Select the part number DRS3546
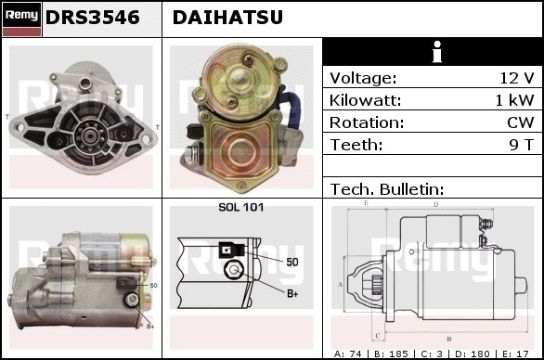93,18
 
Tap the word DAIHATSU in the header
227,18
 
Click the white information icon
437,52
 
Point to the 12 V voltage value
517,78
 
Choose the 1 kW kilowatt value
514,100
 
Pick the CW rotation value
521,122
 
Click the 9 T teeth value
522,145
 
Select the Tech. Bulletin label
387,189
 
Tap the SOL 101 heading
241,207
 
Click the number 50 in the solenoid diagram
292,262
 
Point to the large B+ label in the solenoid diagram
292,294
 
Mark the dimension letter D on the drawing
435,205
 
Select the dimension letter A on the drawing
340,285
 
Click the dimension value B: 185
392,354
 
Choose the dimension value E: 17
515,354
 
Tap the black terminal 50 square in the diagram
227,250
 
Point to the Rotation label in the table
367,122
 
